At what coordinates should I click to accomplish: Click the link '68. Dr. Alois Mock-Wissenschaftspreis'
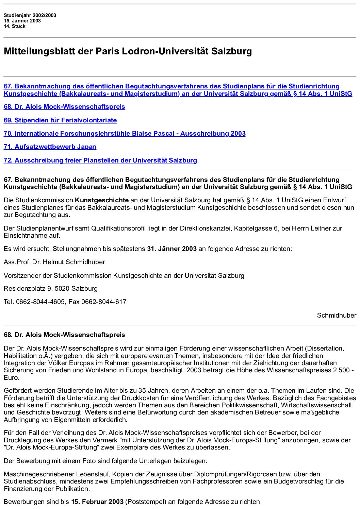(x=64, y=107)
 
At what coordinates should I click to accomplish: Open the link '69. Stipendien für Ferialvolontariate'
(x=60, y=120)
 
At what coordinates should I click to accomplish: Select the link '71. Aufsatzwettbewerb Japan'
(x=50, y=147)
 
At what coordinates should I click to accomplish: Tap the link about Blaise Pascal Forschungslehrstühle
(x=125, y=134)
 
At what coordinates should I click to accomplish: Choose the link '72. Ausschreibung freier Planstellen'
(x=100, y=160)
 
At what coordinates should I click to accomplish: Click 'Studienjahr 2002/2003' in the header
(x=30, y=15)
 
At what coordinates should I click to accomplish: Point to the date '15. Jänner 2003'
(x=22, y=21)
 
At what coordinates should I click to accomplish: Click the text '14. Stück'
(x=15, y=26)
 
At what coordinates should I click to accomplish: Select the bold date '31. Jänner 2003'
(x=172, y=249)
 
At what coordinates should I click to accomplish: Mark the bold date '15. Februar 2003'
(x=97, y=502)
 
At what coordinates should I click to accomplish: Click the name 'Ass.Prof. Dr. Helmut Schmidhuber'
(x=54, y=262)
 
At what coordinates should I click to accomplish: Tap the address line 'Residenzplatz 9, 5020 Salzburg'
(x=51, y=289)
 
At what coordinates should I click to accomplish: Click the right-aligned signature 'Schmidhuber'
(x=337, y=316)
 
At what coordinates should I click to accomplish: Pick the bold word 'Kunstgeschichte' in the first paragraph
(x=102, y=200)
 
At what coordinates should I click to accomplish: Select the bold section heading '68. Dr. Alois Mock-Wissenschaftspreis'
(x=64, y=335)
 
